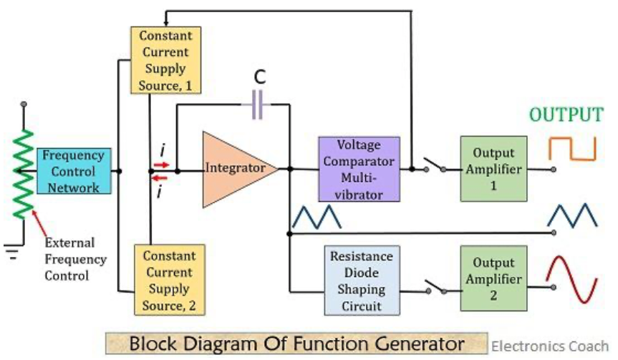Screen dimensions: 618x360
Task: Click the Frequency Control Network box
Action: point(74,171)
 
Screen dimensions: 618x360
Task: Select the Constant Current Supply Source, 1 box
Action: point(165,60)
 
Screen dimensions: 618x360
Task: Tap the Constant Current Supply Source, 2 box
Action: point(170,280)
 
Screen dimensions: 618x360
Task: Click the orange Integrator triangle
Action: point(236,170)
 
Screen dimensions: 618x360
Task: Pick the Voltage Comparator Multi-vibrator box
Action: point(359,170)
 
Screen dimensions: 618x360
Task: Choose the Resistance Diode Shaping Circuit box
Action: point(362,281)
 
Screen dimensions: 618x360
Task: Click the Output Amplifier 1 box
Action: point(493,169)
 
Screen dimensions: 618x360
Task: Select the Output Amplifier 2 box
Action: point(493,278)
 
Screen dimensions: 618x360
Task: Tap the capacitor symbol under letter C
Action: point(257,104)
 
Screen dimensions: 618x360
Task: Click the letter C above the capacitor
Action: point(260,77)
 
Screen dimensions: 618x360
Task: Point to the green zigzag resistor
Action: point(23,173)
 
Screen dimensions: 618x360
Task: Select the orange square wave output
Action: point(572,148)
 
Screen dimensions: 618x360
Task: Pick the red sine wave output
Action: point(572,279)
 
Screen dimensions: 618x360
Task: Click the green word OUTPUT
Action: point(566,115)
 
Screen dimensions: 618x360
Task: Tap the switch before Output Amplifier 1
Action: point(435,165)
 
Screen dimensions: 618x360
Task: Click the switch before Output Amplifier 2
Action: point(436,288)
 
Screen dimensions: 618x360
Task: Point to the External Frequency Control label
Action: point(75,259)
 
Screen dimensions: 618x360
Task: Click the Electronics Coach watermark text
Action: point(550,346)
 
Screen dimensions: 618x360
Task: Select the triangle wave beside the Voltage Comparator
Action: point(317,217)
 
